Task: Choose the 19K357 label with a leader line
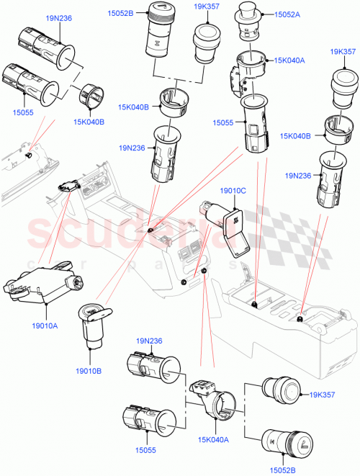[323, 395]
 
